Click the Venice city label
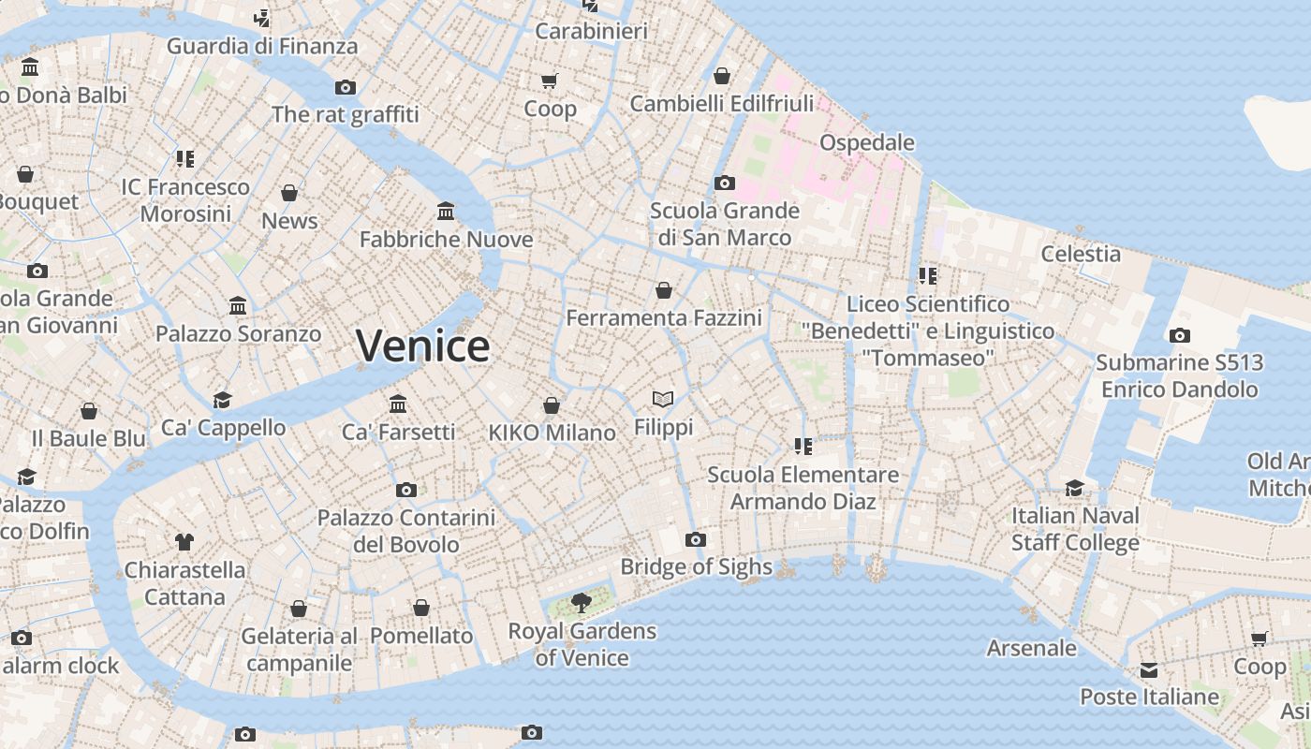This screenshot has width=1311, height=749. pos(422,345)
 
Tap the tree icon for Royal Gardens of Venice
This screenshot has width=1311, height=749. pos(582,603)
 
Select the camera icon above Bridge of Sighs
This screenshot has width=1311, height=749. pos(695,539)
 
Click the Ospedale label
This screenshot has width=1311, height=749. pos(867,142)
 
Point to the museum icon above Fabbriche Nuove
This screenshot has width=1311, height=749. pos(446,212)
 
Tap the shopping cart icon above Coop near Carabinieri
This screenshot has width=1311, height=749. pos(550,81)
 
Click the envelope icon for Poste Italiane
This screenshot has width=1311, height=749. pos(1149,670)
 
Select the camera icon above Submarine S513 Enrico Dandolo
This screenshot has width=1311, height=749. pos(1180,335)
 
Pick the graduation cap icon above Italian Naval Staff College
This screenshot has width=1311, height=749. pos(1075,489)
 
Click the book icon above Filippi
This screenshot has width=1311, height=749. pos(663,400)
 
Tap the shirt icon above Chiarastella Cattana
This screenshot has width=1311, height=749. pos(184,542)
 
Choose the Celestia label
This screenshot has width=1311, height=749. pos(1081,254)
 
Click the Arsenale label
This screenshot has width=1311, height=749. pos(1032,648)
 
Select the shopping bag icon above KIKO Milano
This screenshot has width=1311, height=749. pos(552,405)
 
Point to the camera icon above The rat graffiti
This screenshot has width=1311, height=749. pos(346,88)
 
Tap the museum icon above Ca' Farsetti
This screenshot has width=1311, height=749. pos(398,404)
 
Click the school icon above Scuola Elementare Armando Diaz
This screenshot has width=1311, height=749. pos(803,447)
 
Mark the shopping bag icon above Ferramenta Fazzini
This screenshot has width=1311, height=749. pos(664,291)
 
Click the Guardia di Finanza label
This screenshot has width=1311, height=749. pos(262,46)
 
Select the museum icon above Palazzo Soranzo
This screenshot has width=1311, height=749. pos(238,306)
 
